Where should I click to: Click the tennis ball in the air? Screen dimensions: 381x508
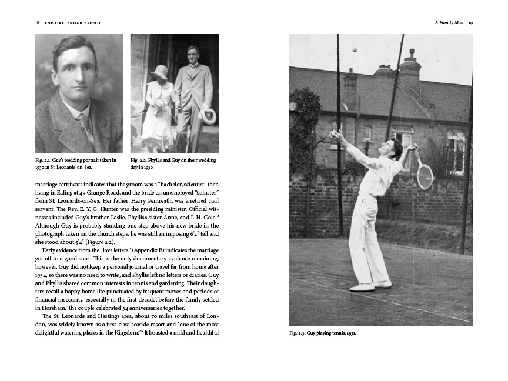click(355, 50)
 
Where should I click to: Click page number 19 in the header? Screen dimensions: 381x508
click(471, 22)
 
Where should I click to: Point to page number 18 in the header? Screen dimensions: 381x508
click(38, 22)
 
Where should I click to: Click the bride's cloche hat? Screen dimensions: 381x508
click(159, 72)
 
